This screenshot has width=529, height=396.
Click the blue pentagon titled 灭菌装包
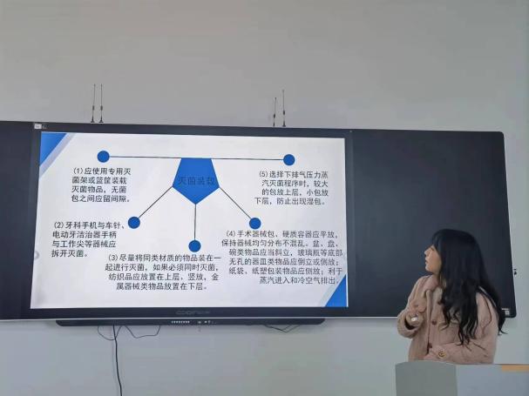(x=196, y=180)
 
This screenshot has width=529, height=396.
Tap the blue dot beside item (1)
(x=104, y=157)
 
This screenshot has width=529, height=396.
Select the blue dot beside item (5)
(x=289, y=159)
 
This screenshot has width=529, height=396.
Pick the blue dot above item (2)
(x=133, y=222)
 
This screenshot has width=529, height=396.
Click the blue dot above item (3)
(x=194, y=246)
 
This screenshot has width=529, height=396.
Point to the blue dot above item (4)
(x=254, y=224)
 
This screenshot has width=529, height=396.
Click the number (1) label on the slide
(x=78, y=171)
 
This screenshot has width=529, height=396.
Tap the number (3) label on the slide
(x=113, y=258)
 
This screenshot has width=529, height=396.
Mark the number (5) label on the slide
(x=263, y=174)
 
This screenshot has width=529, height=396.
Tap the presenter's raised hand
(x=416, y=307)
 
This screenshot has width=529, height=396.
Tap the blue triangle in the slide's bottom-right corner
(x=336, y=294)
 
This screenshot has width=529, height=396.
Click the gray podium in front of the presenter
(x=462, y=379)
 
